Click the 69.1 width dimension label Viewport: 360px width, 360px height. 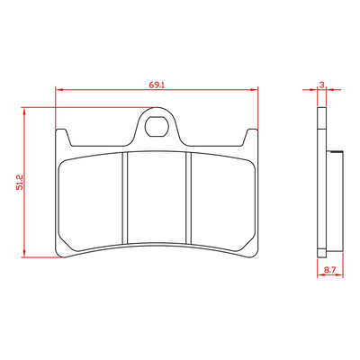(x=157, y=85)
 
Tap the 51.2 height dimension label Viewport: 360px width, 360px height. (x=20, y=182)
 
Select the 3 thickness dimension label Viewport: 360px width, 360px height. (x=321, y=85)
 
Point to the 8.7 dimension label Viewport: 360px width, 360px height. (x=329, y=270)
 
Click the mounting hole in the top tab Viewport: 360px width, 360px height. (x=156, y=126)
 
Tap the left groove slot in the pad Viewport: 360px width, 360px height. (x=125, y=198)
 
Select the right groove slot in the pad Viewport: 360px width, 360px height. (x=188, y=198)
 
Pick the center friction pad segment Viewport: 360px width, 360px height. (x=157, y=197)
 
